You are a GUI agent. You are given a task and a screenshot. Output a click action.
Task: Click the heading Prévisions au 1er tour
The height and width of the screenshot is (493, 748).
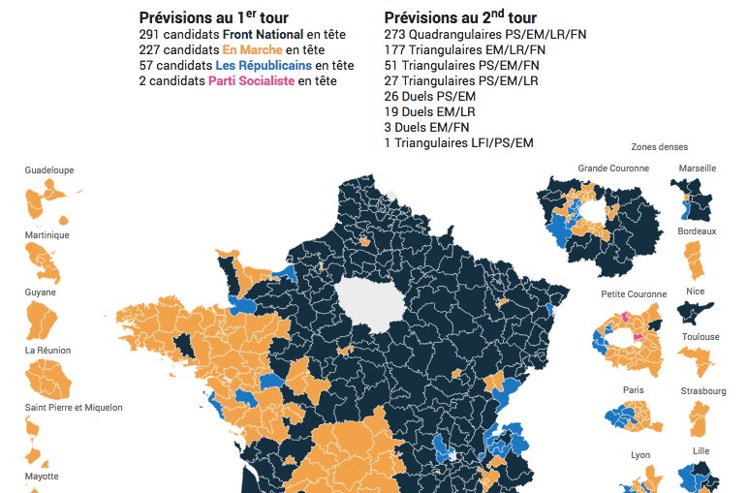(214, 17)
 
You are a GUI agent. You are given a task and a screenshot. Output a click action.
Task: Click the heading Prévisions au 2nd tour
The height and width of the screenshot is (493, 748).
(460, 17)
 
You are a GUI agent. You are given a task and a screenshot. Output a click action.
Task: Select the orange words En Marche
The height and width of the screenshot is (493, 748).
(252, 49)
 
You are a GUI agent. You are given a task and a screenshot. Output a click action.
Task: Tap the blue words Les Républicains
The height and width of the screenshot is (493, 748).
(264, 65)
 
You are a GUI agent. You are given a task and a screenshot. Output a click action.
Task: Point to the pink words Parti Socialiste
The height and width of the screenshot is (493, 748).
(251, 80)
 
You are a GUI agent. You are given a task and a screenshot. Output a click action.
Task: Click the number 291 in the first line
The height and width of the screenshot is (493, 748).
(149, 34)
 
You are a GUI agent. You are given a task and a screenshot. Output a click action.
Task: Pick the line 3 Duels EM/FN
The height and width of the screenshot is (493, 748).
(427, 127)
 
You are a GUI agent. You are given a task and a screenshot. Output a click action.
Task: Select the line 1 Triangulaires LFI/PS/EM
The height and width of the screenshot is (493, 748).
(459, 142)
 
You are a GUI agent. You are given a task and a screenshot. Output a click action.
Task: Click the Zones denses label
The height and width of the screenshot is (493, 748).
(659, 147)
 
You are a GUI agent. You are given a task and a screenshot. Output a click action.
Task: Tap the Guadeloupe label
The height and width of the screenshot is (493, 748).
(49, 170)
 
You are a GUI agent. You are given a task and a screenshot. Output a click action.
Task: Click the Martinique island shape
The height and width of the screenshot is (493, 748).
(43, 262)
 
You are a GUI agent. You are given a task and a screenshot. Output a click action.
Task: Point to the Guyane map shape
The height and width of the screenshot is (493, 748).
(41, 320)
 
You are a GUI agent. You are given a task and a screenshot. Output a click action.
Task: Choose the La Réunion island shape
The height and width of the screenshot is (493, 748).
(47, 380)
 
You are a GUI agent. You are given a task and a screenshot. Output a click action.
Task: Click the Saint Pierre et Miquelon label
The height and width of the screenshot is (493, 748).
(74, 408)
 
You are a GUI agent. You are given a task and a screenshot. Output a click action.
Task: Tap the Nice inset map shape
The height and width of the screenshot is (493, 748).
(695, 312)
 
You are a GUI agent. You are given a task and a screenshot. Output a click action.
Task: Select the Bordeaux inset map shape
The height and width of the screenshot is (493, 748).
(695, 260)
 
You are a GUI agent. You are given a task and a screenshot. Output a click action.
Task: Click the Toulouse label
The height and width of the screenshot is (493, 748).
(701, 337)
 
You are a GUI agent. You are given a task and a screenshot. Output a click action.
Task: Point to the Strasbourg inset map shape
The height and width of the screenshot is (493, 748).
(699, 419)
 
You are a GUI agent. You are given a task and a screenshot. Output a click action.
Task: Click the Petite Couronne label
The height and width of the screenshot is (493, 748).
(634, 294)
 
